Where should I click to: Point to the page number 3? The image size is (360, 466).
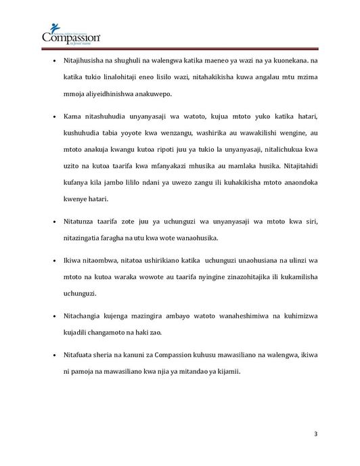315,433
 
